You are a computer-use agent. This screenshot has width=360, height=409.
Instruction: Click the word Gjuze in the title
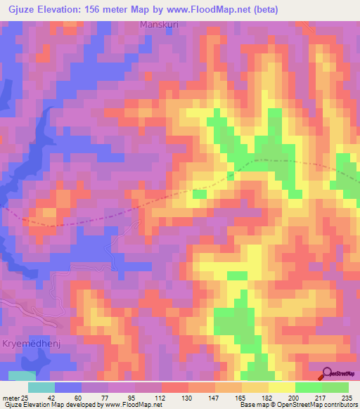[x=20, y=9]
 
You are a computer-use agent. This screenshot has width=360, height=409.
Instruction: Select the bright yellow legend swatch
[x=281, y=387]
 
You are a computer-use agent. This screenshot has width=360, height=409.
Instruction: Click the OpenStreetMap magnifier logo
[x=328, y=375]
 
